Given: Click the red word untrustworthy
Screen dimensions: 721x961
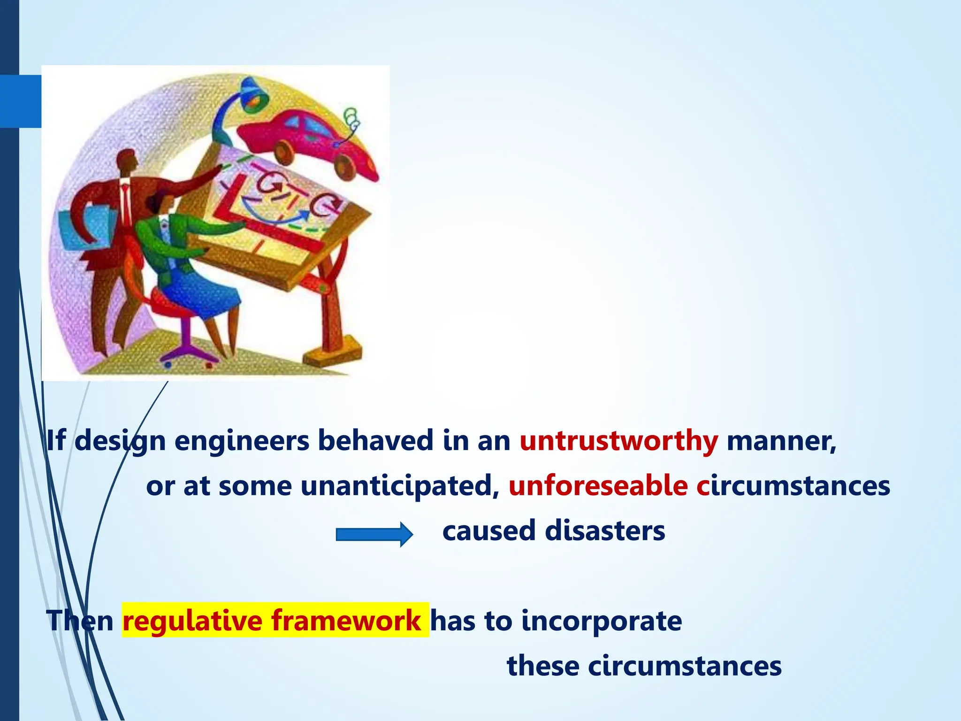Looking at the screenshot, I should (618, 441).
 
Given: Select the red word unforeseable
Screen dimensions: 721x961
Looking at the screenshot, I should (598, 486).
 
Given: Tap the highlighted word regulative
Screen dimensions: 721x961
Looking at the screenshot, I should (192, 621).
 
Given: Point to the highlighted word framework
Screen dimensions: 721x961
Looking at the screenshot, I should (346, 620).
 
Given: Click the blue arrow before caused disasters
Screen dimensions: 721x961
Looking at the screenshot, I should (374, 534).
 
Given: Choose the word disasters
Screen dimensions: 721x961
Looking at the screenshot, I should (605, 531).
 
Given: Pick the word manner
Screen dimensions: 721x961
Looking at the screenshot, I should (781, 441).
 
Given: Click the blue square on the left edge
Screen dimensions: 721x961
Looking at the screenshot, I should (21, 101).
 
